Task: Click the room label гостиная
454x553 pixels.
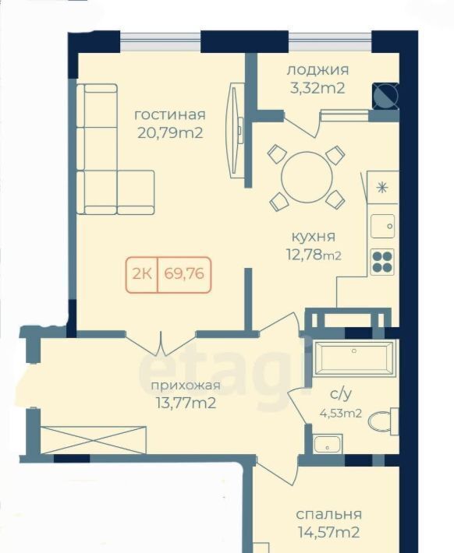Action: [170, 115]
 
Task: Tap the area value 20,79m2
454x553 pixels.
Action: [170, 133]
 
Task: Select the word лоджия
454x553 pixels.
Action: [317, 70]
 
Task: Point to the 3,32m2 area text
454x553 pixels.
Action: [317, 88]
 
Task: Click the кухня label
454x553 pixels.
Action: [314, 237]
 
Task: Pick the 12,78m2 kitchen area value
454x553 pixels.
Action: [314, 255]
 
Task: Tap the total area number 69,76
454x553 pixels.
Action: [184, 274]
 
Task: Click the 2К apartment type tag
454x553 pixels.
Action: [142, 274]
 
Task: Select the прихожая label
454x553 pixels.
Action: [186, 386]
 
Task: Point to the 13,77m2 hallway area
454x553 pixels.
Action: [186, 403]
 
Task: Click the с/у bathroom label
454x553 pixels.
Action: [341, 394]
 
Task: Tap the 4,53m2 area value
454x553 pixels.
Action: [341, 413]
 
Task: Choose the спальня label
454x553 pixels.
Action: [329, 515]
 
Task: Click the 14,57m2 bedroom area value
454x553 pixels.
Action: [329, 532]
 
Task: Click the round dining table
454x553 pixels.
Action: [307, 178]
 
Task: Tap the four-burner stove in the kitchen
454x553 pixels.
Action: [382, 262]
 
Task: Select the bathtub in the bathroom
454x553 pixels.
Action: [354, 358]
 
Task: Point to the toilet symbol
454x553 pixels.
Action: [383, 421]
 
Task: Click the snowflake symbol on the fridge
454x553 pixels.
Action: [381, 187]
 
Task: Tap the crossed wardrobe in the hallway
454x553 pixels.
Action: [94, 440]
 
